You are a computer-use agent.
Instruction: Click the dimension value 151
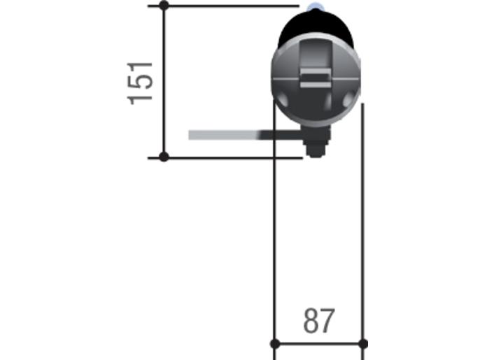click(140, 83)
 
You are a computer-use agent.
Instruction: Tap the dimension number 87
click(319, 321)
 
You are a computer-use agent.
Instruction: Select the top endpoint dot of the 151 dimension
click(164, 5)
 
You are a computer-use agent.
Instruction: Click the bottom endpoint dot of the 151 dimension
click(164, 157)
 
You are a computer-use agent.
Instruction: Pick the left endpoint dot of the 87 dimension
click(275, 344)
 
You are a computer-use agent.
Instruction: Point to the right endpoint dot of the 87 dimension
click(363, 344)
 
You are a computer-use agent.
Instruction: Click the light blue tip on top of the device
click(315, 7)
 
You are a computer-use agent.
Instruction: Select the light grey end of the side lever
click(223, 135)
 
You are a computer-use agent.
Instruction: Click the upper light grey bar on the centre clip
click(316, 73)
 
